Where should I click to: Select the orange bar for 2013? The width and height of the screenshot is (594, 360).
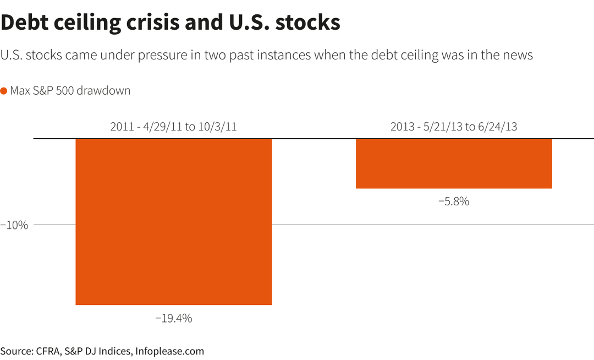(454, 163)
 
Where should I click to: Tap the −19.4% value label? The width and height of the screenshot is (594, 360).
(173, 318)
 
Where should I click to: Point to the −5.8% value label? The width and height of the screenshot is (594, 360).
(454, 201)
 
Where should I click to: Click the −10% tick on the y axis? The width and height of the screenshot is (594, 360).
(14, 225)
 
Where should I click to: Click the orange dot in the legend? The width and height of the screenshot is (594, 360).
(4, 91)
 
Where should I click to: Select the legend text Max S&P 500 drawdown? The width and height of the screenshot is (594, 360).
(70, 91)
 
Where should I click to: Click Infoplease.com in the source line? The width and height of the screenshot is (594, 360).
(170, 351)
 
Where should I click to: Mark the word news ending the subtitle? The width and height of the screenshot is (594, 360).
(518, 56)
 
